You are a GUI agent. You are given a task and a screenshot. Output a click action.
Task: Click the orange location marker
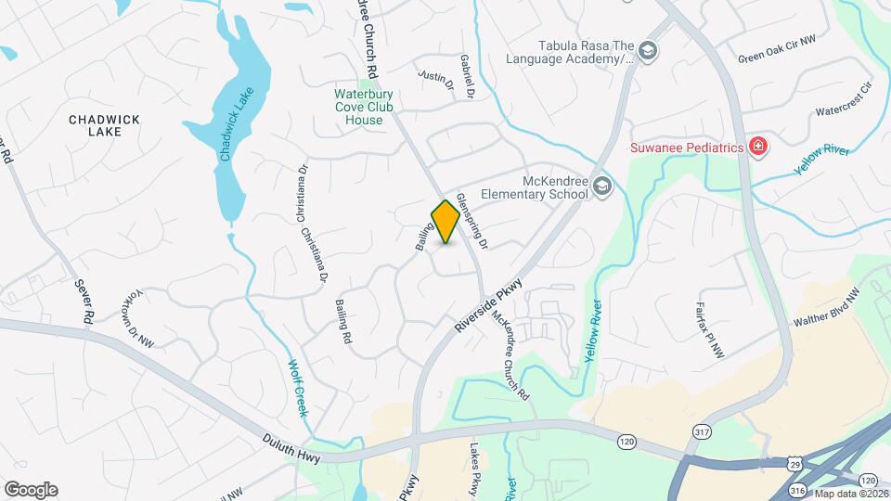[445, 222]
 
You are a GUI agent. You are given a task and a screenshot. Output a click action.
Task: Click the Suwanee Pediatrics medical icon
[758, 147]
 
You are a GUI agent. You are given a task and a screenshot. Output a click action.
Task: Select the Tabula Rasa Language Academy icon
[649, 51]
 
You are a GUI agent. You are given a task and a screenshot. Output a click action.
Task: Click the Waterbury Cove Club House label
[358, 107]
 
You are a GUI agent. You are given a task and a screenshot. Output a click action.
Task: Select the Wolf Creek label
[296, 387]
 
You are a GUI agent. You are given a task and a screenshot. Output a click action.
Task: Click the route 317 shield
[703, 431]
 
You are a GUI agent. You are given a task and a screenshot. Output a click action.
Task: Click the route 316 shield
[797, 489]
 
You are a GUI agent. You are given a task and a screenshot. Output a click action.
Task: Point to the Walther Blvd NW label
[826, 306]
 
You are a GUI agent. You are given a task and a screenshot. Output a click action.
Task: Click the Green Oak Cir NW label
[777, 57]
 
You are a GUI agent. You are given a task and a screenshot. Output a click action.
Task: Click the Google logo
[31, 489]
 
